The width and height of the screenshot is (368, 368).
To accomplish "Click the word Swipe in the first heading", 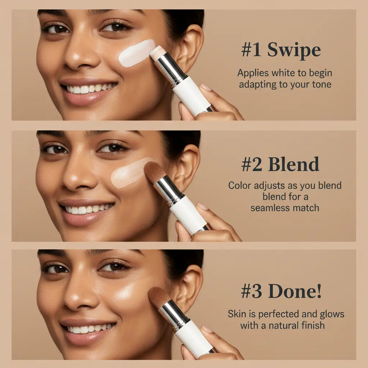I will tap(294, 50).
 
